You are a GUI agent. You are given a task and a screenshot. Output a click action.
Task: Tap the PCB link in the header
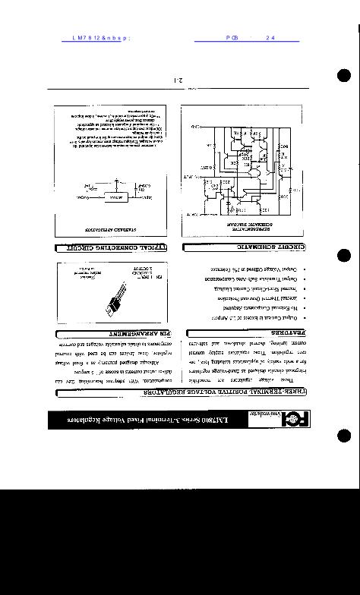(x=232, y=37)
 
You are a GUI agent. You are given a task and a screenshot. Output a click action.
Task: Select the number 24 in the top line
(x=270, y=37)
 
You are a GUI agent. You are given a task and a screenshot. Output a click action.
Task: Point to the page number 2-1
(x=179, y=79)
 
